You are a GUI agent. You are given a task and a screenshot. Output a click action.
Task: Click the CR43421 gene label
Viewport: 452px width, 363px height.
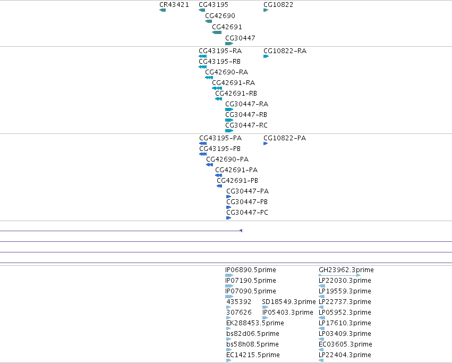point(174,5)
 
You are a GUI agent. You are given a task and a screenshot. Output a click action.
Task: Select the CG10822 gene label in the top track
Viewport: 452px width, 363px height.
point(278,5)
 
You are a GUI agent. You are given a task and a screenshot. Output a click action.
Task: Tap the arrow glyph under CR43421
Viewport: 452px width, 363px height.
point(163,10)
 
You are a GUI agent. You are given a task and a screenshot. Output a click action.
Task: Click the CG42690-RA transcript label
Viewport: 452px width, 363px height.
point(227,72)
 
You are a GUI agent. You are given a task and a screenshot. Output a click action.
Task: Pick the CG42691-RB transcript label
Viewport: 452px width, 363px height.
point(236,94)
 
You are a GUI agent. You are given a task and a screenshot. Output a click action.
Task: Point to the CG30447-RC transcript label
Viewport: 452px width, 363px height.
point(246,125)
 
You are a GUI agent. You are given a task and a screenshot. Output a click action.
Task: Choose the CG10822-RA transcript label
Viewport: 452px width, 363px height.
point(285,51)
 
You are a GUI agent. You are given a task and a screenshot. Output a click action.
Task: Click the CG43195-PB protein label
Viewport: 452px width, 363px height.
point(220,149)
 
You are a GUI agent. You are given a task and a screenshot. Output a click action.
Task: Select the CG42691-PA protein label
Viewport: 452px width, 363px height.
point(236,170)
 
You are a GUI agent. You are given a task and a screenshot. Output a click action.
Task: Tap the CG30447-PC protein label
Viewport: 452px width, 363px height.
point(248,213)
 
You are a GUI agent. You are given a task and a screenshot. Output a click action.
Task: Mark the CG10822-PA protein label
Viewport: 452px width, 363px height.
point(285,138)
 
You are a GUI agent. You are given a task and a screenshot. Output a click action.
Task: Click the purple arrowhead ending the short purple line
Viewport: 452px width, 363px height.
point(241,231)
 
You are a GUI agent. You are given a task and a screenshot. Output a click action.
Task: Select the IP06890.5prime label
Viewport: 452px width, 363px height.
point(251,270)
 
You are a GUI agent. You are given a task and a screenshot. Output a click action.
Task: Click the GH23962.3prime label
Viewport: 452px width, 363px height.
point(346,270)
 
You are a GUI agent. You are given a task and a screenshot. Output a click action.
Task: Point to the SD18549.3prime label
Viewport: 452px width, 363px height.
point(289,302)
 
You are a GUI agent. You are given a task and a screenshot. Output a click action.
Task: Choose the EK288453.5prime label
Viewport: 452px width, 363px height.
point(255,323)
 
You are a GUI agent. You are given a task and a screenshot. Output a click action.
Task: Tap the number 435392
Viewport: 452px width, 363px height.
point(239,302)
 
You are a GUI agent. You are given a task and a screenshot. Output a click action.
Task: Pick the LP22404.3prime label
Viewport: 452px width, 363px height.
point(345,355)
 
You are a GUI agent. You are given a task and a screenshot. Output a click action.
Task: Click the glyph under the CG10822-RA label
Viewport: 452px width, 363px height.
point(266,56)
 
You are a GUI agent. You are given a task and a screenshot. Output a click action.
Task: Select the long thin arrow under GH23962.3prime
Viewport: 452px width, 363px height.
point(339,275)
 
